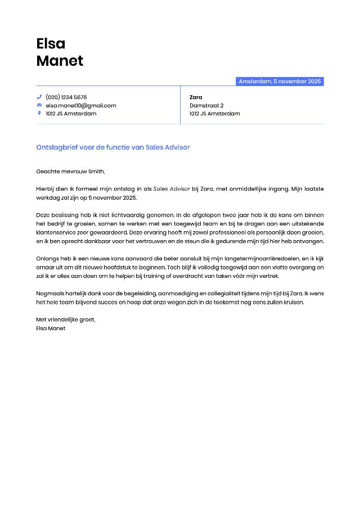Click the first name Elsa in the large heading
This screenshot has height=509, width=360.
click(51, 43)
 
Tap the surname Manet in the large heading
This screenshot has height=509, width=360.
click(60, 61)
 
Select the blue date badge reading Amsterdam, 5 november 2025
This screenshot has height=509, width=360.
click(280, 82)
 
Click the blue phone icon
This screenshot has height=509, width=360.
click(39, 97)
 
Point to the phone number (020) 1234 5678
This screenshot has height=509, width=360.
click(66, 97)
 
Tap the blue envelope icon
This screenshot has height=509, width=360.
click(39, 105)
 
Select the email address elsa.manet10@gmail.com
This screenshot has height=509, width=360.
click(81, 105)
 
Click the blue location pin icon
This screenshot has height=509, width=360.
click(39, 113)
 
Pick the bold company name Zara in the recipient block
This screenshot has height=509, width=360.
click(196, 97)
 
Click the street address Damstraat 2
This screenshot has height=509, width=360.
click(206, 105)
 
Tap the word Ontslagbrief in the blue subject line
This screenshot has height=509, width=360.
click(56, 147)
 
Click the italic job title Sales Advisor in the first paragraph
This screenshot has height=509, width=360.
click(172, 189)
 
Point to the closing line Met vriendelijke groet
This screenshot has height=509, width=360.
click(65, 319)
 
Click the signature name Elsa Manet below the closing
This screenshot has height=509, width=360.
click(51, 328)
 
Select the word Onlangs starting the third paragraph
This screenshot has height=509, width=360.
click(47, 259)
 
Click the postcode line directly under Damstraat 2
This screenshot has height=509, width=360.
click(214, 113)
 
